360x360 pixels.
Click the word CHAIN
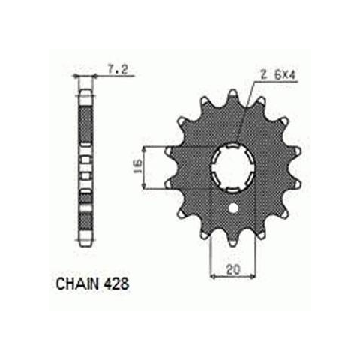[77, 283]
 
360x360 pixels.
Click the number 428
[116, 283]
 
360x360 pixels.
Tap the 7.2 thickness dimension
[117, 69]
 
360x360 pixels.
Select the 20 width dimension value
[232, 269]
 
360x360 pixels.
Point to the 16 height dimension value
[137, 166]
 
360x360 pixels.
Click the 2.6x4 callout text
[277, 75]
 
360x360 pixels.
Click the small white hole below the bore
[233, 208]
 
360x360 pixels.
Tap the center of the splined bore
[233, 166]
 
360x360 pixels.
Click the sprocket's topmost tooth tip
[233, 93]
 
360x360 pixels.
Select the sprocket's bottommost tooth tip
[233, 243]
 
